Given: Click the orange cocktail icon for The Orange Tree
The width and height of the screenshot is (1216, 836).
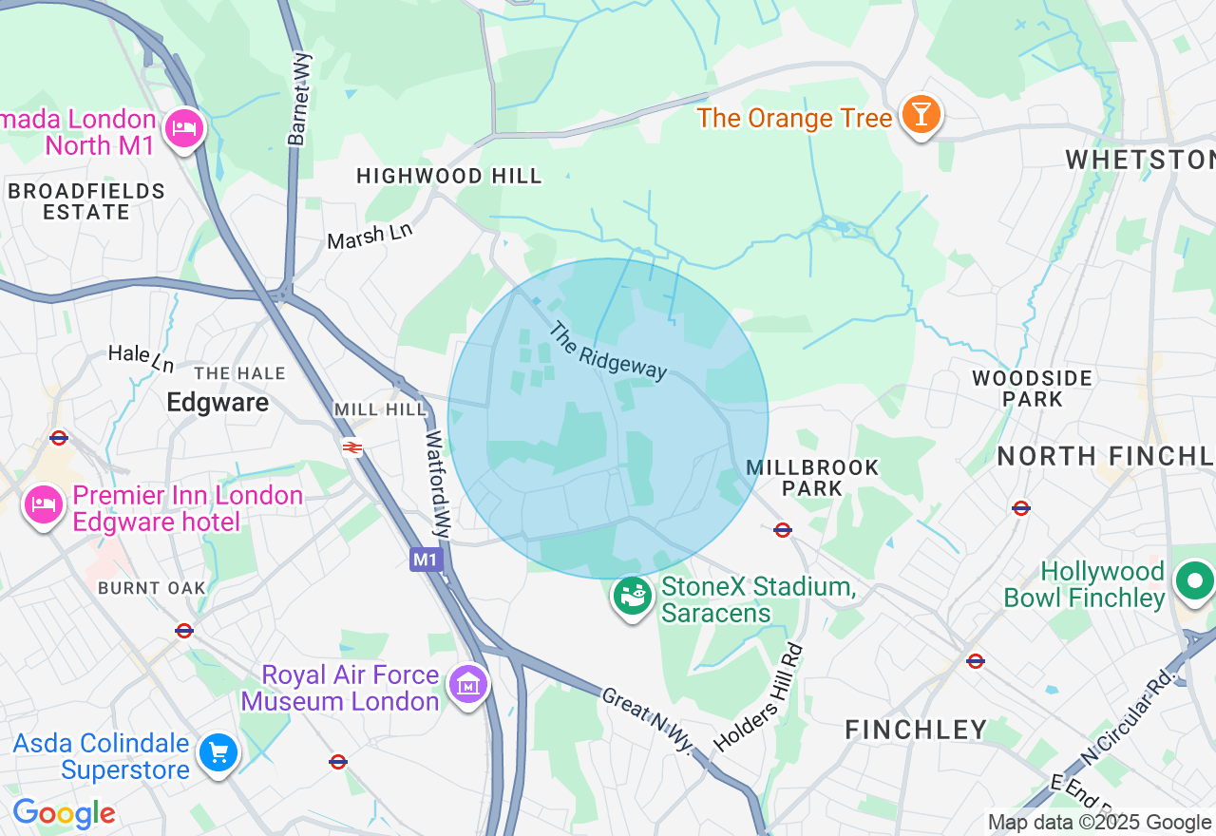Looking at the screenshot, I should (x=921, y=115).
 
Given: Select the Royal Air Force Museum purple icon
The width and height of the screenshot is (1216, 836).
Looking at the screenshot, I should (x=468, y=684).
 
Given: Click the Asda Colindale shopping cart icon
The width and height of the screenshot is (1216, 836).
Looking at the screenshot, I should (x=218, y=753).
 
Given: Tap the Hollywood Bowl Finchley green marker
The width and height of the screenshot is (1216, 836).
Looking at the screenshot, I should (x=1193, y=579).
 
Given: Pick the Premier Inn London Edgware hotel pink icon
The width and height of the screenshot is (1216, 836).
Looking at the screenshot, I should (x=43, y=505).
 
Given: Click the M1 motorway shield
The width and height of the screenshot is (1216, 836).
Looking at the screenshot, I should (x=426, y=560).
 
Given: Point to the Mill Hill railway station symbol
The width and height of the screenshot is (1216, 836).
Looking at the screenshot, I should (x=352, y=446).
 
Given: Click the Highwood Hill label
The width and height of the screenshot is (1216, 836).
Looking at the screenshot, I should (x=448, y=176).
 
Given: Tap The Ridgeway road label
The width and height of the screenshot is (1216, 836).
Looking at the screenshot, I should (x=609, y=351).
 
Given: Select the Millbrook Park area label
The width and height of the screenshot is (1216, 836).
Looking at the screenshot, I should (x=812, y=478).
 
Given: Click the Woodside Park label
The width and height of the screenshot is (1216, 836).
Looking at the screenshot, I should (x=1032, y=389).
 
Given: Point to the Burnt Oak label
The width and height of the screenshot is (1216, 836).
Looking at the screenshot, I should (x=152, y=588).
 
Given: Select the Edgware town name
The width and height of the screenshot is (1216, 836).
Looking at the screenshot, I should (x=218, y=403).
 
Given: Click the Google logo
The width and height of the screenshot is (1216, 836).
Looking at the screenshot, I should (x=64, y=814).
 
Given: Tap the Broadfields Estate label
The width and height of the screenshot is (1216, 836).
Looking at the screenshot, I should (x=85, y=201).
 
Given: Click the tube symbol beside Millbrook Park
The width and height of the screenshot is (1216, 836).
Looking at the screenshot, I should (x=783, y=530).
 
